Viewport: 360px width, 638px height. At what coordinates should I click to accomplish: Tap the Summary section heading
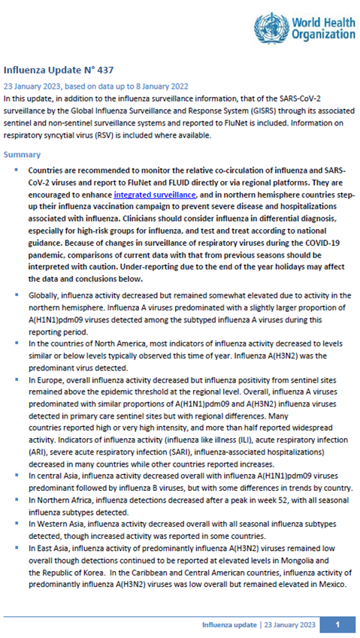pyautogui.click(x=23, y=154)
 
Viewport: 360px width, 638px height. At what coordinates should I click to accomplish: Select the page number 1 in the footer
pyautogui.click(x=338, y=624)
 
